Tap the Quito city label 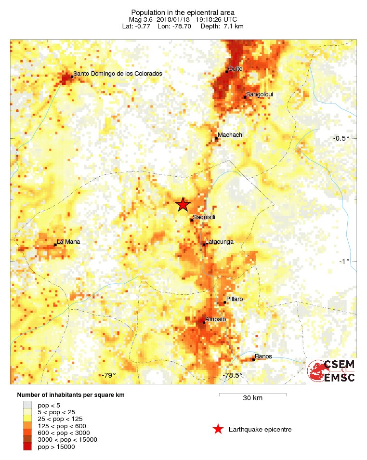point(236,69)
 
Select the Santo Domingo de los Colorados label point(118,74)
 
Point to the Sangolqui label point(260,94)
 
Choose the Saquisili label point(204,217)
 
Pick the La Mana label point(68,241)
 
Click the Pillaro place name point(235,299)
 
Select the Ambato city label point(215,319)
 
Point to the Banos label point(263,356)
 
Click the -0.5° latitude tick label point(341,138)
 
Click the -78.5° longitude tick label point(233,375)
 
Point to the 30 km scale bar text point(252,398)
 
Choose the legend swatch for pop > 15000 point(27,447)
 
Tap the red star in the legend point(218,429)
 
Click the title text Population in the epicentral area point(183,12)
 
